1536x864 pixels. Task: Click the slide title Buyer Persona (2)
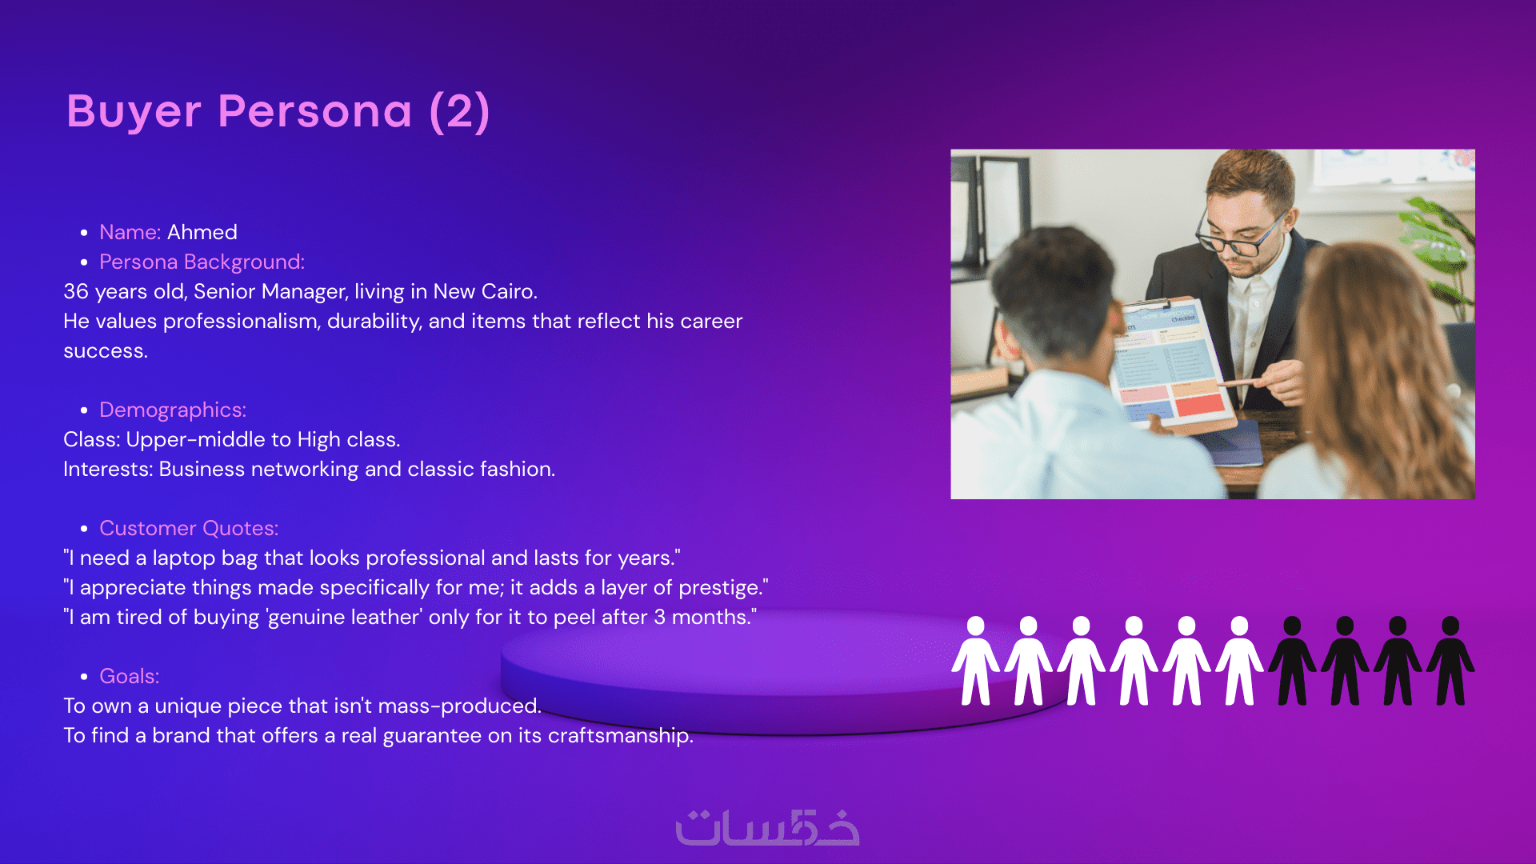278,111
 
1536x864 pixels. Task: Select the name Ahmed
202,232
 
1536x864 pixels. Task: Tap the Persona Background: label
202,262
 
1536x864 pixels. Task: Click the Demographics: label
173,410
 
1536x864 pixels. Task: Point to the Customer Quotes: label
189,528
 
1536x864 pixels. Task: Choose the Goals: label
130,676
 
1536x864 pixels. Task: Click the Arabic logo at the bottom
767,827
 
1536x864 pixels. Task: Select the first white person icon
976,661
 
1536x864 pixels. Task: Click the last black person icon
1450,661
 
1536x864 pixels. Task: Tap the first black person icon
1292,661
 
